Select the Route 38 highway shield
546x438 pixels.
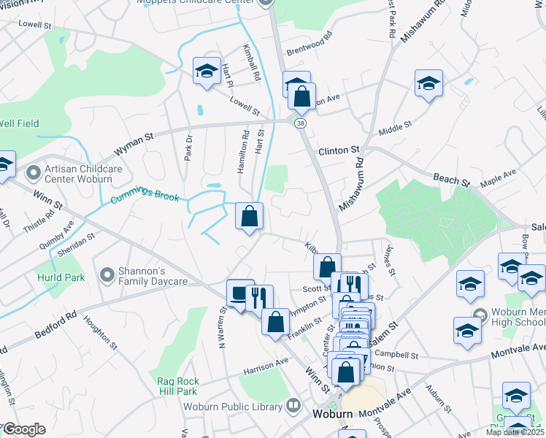pos(300,124)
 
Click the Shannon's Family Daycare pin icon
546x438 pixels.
pos(107,275)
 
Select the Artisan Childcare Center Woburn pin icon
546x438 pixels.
pos(31,173)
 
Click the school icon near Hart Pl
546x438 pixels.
pos(207,71)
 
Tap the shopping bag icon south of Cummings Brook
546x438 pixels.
pos(250,216)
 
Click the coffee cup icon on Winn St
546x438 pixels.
pos(239,293)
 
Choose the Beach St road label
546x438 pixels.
pos(451,179)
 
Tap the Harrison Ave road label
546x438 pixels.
pos(266,364)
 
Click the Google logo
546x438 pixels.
pos(24,429)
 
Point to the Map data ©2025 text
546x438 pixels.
pos(515,432)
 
